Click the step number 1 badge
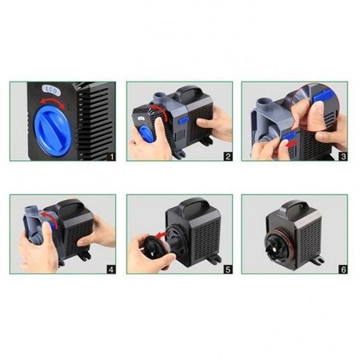click(111, 157)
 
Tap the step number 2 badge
click(228, 157)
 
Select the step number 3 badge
click(343, 157)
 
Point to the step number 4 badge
click(111, 270)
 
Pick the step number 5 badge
click(228, 270)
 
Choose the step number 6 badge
click(343, 270)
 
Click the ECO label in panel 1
click(50, 90)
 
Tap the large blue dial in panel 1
click(53, 130)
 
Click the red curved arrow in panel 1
click(53, 101)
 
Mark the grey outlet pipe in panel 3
click(262, 105)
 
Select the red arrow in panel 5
click(161, 234)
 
